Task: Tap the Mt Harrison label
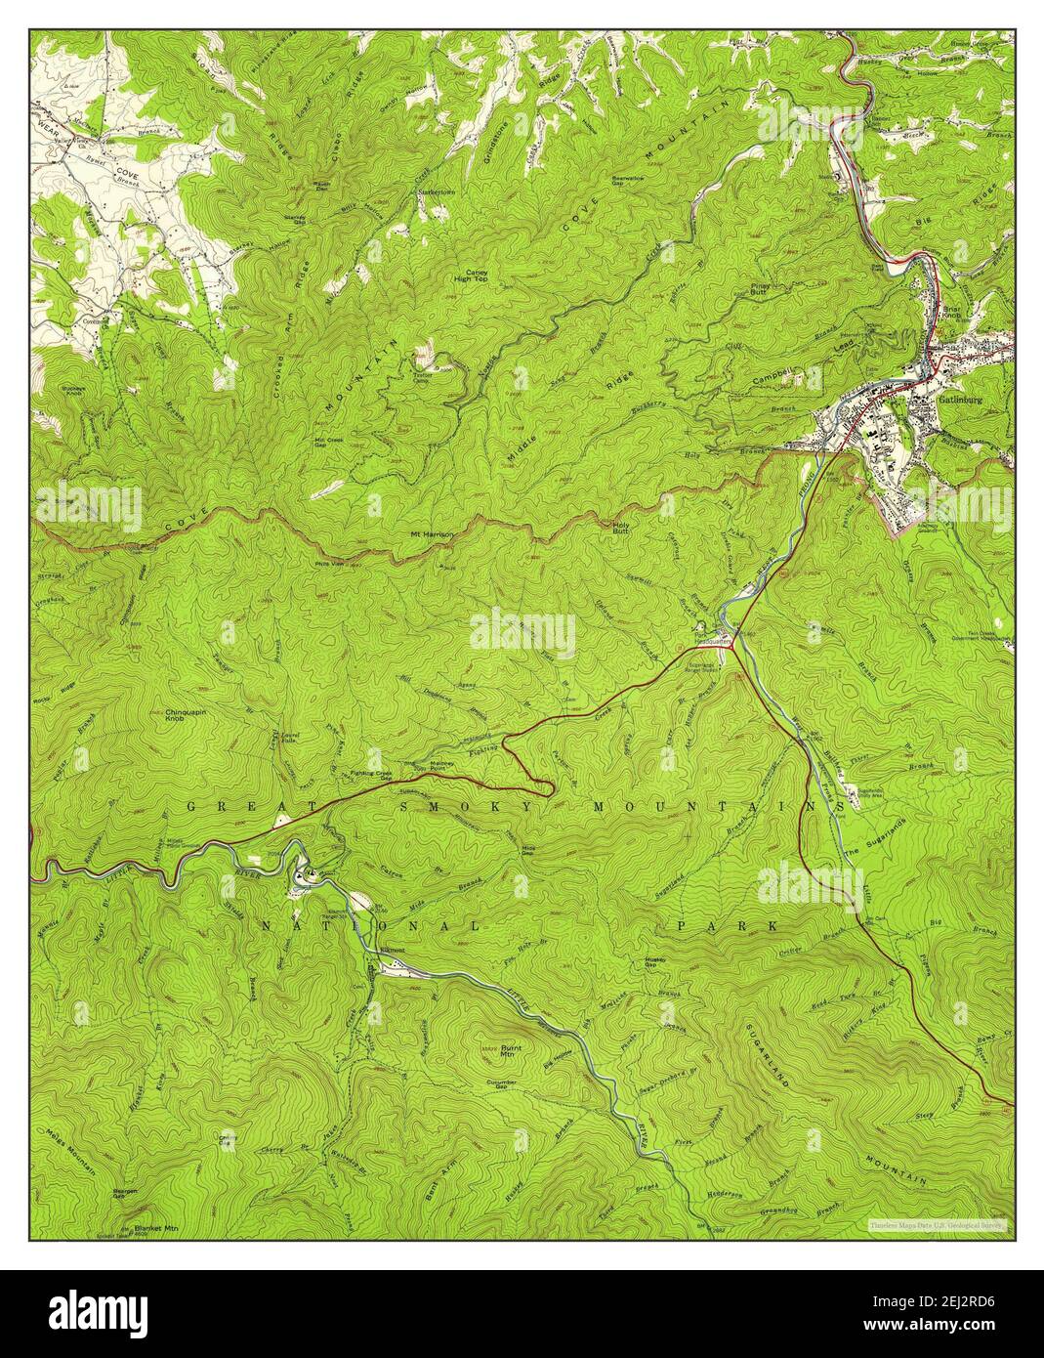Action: point(432,535)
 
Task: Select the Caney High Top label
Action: point(476,276)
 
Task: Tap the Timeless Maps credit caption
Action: point(938,1224)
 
